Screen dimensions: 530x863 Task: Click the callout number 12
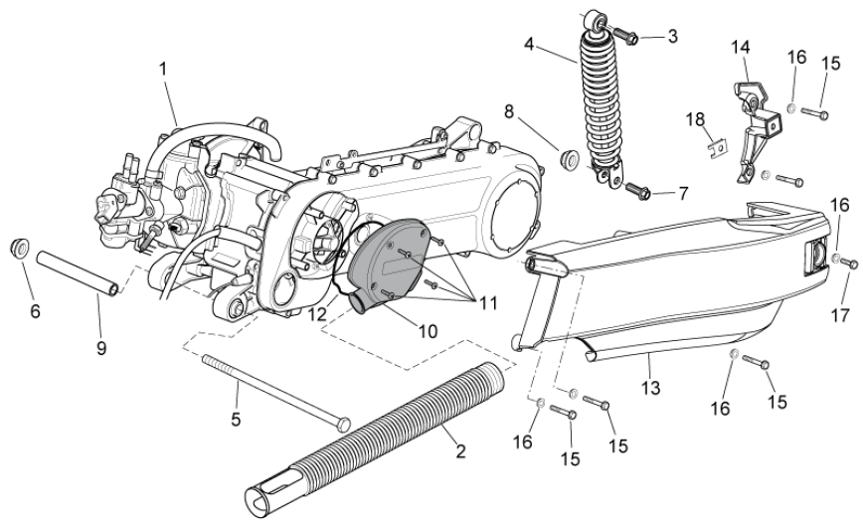coord(317,313)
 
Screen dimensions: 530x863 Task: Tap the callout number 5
coord(236,420)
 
